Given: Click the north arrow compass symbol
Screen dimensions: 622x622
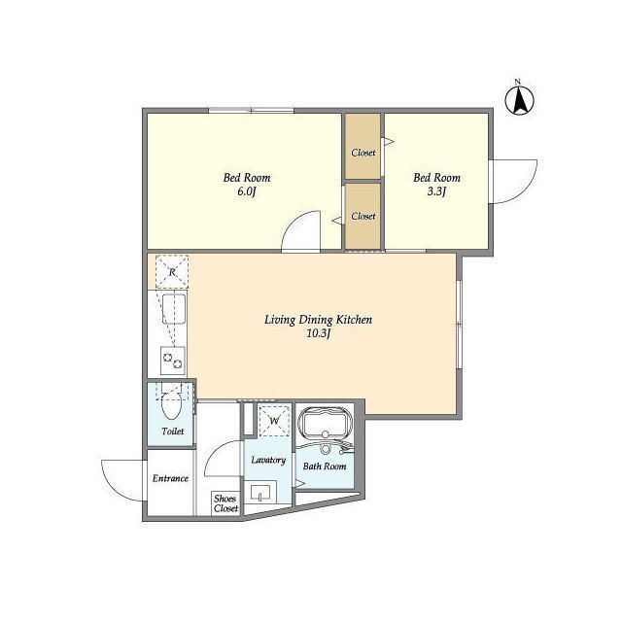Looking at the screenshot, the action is (x=519, y=98).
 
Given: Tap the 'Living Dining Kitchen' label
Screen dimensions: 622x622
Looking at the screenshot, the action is (x=318, y=320).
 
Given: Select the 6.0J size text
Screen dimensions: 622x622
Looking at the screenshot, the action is (x=246, y=191).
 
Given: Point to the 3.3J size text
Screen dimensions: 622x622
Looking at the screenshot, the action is (x=436, y=191).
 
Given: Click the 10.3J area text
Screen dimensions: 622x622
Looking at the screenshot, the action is (x=318, y=333).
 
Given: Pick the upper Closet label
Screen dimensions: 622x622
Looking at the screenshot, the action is (x=363, y=153).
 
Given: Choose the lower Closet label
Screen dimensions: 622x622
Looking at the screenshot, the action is (x=363, y=216).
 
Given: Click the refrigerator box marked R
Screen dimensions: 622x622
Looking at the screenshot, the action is (x=172, y=272).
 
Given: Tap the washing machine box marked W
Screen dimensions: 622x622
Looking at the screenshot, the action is (x=274, y=421).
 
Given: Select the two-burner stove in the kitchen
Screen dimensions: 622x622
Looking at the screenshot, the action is (x=173, y=361).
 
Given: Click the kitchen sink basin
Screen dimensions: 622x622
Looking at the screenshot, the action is (x=174, y=309).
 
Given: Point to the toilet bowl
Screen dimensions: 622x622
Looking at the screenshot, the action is (x=171, y=404).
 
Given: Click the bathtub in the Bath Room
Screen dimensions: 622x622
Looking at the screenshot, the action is (x=326, y=423).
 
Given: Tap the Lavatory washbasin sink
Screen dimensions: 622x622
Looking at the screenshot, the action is (x=259, y=493).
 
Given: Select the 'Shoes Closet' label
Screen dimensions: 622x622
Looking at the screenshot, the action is (x=225, y=503).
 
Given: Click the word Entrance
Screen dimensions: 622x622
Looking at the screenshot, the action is (x=170, y=478).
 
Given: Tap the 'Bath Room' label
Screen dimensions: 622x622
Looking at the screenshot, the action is (x=325, y=466).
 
